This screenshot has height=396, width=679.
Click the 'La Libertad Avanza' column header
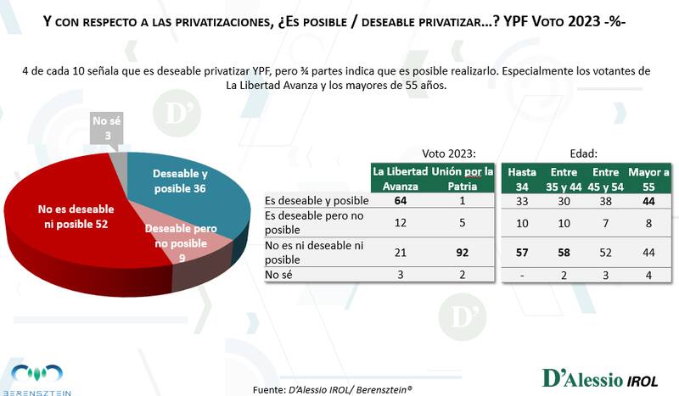[401, 178]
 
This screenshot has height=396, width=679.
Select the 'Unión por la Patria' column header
[463, 178]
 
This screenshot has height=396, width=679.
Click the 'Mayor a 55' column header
[648, 178]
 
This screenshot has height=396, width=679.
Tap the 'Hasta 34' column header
[522, 178]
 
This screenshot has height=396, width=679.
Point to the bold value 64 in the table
[401, 201]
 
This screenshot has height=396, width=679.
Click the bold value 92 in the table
[463, 251]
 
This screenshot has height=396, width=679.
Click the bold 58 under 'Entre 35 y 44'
[564, 251]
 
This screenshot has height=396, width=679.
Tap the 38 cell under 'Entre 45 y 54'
[605, 201]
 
